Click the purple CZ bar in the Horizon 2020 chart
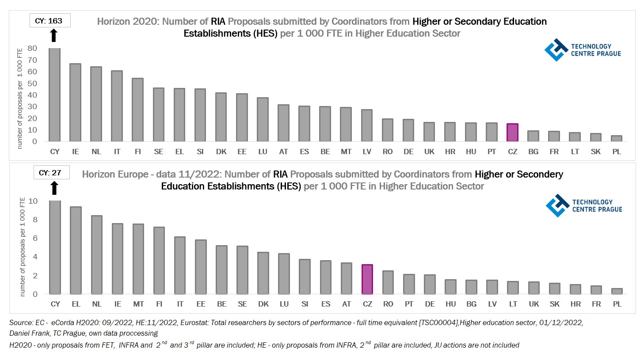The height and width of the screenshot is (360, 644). point(512,133)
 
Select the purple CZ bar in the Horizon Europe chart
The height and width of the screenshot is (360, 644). point(367,279)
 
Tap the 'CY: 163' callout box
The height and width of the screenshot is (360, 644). point(50,21)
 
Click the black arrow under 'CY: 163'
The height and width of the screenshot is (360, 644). point(54,35)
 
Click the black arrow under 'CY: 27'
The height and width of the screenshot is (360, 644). point(54,188)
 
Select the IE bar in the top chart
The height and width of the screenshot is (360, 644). point(76,102)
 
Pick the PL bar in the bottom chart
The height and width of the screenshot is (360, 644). point(617,291)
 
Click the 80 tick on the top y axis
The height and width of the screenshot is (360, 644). point(32,48)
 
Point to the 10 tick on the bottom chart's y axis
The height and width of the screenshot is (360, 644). point(33,201)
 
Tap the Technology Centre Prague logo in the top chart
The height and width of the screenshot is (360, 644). point(583,50)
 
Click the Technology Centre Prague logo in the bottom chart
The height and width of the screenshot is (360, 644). point(583,206)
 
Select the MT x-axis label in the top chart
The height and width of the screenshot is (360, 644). point(346,152)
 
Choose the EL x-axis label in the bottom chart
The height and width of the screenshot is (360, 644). point(76,304)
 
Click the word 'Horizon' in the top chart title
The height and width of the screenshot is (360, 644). point(111,22)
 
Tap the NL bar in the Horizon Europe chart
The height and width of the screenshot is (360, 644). point(97,254)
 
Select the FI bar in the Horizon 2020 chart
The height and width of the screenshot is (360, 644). point(138,110)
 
